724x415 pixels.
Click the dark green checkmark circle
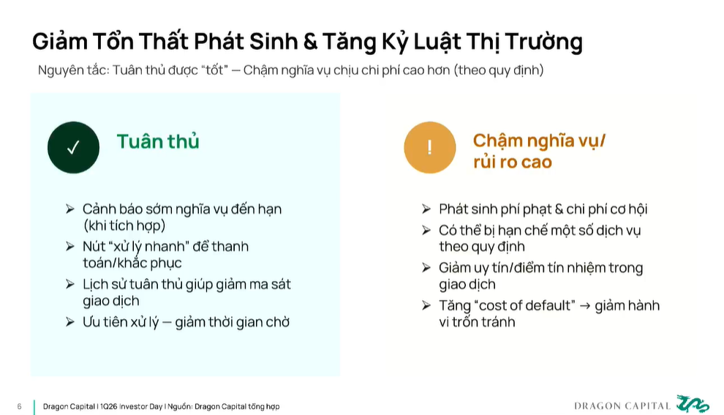pos(73,147)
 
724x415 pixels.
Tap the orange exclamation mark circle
pos(430,147)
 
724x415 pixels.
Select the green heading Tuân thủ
pos(158,141)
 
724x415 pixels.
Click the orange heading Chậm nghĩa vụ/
pos(539,141)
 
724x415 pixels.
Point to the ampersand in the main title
pos(310,41)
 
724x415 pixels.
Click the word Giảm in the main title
pos(60,41)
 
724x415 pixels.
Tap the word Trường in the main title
pos(543,42)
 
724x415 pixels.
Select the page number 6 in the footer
pos(20,407)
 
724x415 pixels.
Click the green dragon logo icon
pos(693,403)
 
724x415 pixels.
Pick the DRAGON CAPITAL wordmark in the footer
pos(622,406)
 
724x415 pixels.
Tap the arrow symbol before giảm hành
pos(585,306)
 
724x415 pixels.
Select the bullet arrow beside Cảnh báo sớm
pos(70,209)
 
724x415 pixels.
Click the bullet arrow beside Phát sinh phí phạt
pos(426,209)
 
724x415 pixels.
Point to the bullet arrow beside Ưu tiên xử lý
pos(70,322)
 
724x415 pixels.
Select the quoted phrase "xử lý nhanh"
pos(147,247)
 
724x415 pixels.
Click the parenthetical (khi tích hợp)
pos(124,226)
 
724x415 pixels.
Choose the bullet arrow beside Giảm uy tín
pos(426,268)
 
